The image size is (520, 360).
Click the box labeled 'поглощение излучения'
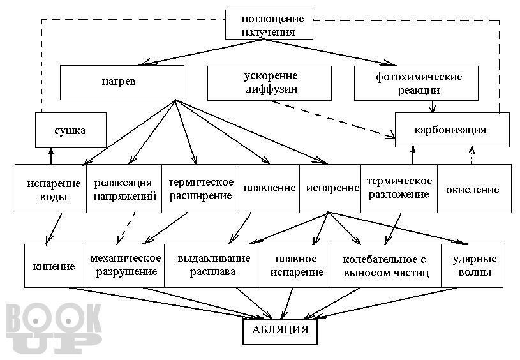point(269,24)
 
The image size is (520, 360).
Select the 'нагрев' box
point(122,82)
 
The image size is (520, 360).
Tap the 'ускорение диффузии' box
point(269,83)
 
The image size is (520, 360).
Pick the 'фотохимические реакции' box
point(416,83)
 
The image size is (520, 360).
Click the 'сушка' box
point(71,130)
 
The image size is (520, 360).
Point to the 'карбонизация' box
point(452,130)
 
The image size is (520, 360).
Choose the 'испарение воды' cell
point(51,188)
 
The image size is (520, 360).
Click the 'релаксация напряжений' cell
point(124,188)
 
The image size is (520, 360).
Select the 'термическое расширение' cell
point(200,188)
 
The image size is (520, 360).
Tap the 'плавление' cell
point(269,188)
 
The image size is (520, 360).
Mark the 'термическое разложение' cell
point(399,188)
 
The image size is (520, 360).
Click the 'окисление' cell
point(474,188)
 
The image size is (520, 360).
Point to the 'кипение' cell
point(54,266)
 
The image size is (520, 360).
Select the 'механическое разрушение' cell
point(123,266)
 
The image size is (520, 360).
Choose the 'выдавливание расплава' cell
point(212,266)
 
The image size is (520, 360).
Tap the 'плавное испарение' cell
point(295,266)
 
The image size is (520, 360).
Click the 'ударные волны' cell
point(472,266)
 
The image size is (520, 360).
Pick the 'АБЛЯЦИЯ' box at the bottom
point(280,332)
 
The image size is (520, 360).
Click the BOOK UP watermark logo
point(54,328)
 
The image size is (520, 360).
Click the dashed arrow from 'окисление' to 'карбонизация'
point(472,156)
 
